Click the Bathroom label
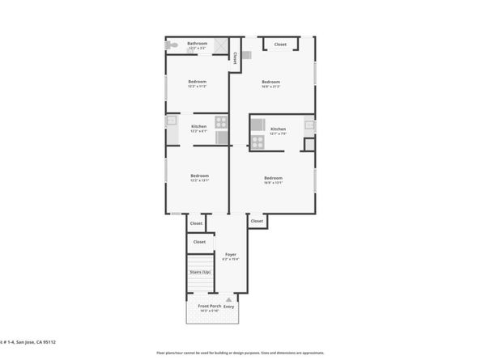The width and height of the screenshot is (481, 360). point(198,44)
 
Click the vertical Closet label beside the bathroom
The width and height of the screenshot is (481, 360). point(235,57)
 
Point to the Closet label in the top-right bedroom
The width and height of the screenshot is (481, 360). point(280,44)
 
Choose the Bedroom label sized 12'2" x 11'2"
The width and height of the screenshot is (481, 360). point(198,81)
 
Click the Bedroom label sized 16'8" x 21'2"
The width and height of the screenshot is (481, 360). point(270,82)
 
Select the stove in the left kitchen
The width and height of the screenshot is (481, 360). point(221,138)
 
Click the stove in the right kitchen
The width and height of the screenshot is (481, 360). point(258,142)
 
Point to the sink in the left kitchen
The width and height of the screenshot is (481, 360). point(172,121)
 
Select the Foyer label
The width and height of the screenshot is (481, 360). point(230,255)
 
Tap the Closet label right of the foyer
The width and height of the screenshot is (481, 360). point(257,221)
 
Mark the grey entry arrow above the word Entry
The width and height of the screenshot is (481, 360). point(229,299)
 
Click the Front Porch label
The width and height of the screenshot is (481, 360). point(210,307)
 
